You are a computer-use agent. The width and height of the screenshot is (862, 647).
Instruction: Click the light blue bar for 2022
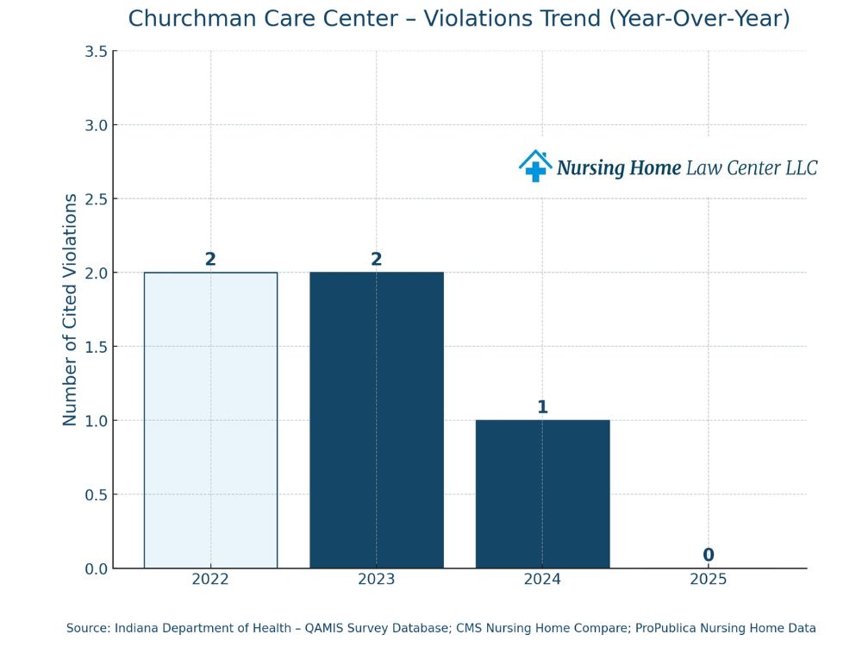210,420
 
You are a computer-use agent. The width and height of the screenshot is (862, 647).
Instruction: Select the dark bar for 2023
377,420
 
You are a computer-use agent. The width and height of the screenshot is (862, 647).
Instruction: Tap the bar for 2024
542,493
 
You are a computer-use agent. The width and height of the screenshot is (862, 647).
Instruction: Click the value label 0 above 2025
709,556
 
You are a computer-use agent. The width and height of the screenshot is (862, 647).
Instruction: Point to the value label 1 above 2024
542,407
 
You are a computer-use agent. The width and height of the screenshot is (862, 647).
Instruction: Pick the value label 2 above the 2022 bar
210,260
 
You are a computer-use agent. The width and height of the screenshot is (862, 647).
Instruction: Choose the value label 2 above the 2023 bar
377,260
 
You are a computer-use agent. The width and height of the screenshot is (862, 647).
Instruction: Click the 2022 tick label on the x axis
210,579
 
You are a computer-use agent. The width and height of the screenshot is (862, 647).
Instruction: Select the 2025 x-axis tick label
709,579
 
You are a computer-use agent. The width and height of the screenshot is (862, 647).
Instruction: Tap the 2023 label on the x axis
377,579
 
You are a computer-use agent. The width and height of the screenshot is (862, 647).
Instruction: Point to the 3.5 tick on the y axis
96,52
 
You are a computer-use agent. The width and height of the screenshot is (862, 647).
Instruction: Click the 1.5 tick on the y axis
96,347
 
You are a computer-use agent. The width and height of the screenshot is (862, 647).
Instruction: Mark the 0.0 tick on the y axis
96,568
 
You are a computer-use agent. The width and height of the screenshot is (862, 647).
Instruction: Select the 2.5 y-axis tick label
96,199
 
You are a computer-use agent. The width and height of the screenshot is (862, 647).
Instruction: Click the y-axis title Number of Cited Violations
70,310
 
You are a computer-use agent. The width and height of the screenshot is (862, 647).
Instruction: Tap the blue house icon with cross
535,166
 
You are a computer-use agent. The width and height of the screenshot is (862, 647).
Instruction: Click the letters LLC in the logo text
801,167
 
